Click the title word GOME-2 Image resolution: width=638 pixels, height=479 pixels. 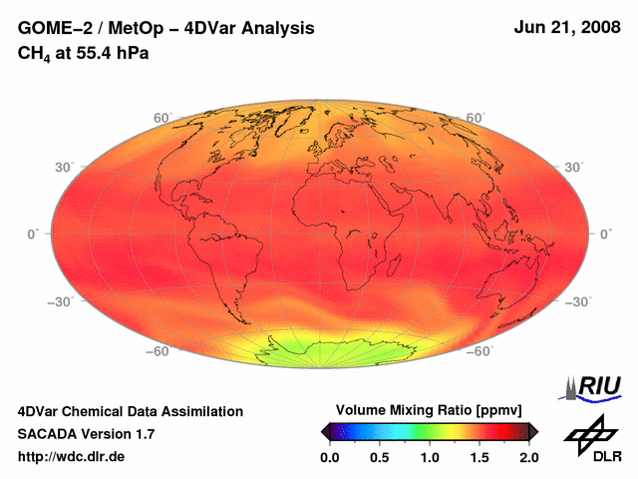(x=50, y=29)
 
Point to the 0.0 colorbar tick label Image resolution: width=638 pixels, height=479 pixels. (x=329, y=457)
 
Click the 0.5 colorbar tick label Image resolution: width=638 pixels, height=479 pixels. (x=379, y=457)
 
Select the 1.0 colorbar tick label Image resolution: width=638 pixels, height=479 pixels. (x=429, y=457)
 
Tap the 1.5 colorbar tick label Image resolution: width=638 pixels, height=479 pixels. (x=479, y=457)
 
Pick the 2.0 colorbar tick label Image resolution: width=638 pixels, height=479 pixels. (x=528, y=457)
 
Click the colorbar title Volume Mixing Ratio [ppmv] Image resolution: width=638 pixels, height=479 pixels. (x=429, y=410)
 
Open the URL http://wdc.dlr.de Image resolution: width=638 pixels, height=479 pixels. (x=72, y=456)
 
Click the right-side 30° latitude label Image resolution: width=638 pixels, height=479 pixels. (x=572, y=167)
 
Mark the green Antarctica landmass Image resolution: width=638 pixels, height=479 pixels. (x=329, y=349)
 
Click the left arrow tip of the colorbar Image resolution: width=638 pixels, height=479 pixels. (x=324, y=431)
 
